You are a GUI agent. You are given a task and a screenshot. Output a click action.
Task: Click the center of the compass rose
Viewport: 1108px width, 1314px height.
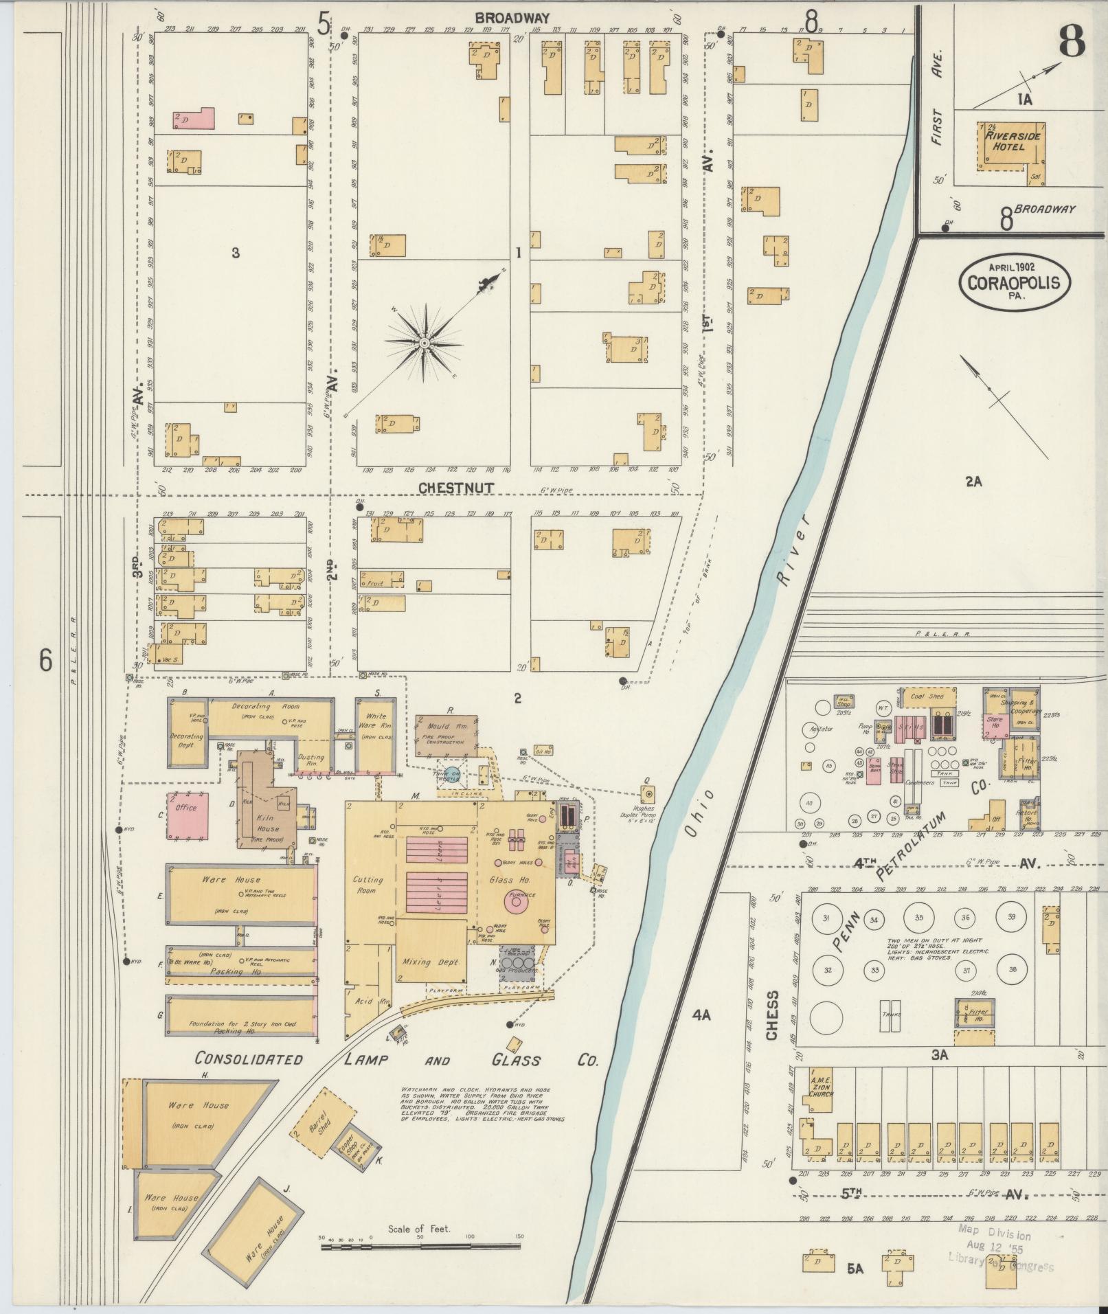pos(424,343)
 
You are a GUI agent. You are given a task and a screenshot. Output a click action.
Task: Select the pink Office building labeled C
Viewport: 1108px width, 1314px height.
pos(187,816)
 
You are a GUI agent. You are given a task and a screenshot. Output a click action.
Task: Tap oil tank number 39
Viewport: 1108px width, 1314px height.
pos(1011,917)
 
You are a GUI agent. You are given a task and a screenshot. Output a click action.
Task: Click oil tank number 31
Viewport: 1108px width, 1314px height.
pos(826,918)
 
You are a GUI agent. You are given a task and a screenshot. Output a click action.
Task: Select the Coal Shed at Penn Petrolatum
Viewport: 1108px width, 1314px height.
pos(927,696)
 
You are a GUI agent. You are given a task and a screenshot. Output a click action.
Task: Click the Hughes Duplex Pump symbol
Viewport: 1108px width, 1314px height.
pos(647,795)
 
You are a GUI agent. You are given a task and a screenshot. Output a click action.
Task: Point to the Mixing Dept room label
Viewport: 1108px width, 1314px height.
pos(427,962)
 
